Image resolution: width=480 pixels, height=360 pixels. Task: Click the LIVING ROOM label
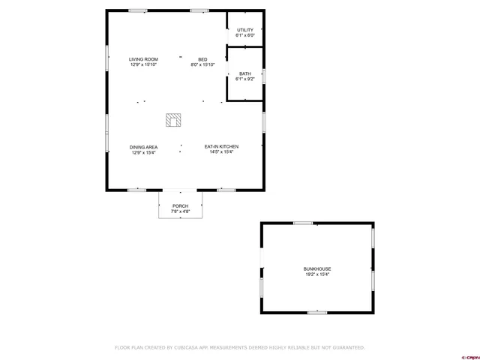click(x=142, y=59)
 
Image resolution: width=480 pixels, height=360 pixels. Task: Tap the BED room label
click(x=202, y=59)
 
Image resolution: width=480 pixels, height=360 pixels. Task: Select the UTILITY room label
click(x=245, y=30)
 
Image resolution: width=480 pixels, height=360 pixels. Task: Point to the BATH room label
click(x=245, y=73)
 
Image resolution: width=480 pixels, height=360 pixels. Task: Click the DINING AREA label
click(x=143, y=147)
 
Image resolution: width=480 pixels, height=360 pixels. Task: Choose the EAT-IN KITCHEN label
click(x=221, y=147)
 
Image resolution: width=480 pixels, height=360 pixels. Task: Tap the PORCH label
click(x=181, y=206)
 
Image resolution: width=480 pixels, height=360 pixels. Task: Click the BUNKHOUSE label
click(x=317, y=269)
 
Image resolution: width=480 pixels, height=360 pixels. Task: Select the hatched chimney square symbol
click(x=173, y=119)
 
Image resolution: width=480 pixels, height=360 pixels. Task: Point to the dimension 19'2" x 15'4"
click(x=317, y=274)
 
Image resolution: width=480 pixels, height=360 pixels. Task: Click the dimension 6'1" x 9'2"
click(x=245, y=79)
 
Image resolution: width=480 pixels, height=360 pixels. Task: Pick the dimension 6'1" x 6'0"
click(x=245, y=35)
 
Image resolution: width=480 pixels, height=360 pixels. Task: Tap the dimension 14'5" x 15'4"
click(x=221, y=152)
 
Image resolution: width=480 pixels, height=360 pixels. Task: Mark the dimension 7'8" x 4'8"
click(x=181, y=211)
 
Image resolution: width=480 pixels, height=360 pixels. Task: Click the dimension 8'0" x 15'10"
click(x=202, y=64)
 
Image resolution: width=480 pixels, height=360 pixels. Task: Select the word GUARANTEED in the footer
click(x=347, y=347)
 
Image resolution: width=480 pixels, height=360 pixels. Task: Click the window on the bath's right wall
click(x=263, y=76)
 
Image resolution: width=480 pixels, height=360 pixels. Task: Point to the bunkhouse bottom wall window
click(x=317, y=312)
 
